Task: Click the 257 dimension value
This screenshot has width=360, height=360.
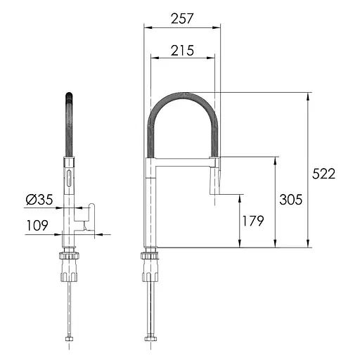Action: [182, 18]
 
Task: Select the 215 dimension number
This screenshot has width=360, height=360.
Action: [182, 51]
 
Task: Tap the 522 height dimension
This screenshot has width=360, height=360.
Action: [323, 174]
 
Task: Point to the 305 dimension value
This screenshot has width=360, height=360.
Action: [290, 200]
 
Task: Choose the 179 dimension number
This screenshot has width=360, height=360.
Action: [253, 221]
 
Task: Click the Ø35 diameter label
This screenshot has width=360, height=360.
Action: [39, 200]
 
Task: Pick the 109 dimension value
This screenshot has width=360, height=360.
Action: [37, 225]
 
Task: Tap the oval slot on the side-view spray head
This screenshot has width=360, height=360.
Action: [69, 179]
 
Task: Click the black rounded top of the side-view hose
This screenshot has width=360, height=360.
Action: [69, 96]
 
